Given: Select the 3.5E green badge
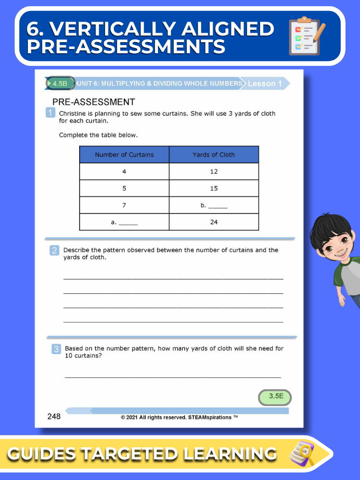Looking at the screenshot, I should tap(275, 396).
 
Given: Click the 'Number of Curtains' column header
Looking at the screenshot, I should tap(124, 155).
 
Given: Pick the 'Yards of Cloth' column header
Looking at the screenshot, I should tap(214, 155).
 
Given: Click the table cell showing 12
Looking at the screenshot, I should tap(214, 171).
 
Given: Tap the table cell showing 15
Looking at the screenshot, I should tap(214, 188).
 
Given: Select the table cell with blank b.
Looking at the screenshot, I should tap(214, 205).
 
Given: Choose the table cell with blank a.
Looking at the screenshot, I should tap(124, 222).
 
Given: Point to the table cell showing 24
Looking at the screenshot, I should tap(214, 222).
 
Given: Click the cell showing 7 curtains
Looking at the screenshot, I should tap(124, 205).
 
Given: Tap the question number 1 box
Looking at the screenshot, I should tap(50, 113).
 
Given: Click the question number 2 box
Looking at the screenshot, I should tap(55, 250).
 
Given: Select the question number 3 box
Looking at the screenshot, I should tap(56, 349).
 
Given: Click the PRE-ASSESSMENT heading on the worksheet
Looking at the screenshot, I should tap(93, 102).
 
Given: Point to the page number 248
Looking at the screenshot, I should tap(54, 416).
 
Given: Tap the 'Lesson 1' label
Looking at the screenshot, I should tap(264, 84).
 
